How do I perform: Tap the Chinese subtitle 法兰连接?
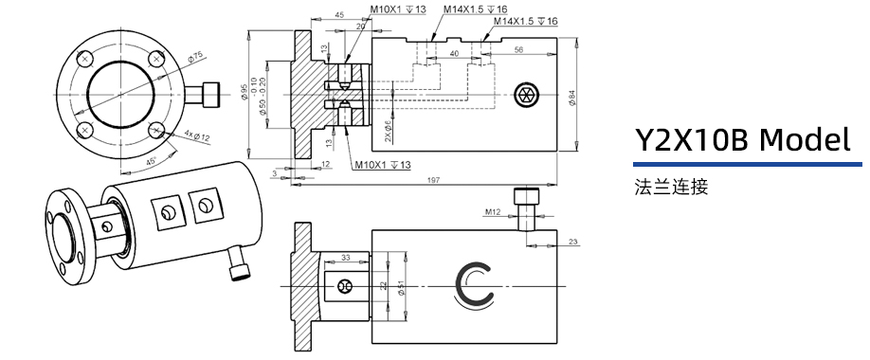tap(671, 187)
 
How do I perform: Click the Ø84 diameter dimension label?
tap(573, 96)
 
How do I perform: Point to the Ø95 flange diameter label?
tap(244, 92)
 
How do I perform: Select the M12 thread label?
tap(493, 211)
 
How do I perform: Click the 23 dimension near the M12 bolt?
tap(573, 242)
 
